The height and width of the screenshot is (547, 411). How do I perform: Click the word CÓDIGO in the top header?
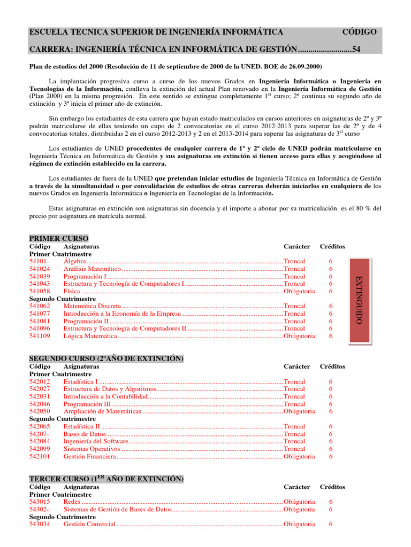(359, 32)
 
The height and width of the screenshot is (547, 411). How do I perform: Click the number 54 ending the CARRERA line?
(356, 49)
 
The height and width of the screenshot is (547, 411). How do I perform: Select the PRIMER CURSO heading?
(59, 238)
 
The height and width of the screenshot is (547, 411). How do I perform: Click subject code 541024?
(40, 269)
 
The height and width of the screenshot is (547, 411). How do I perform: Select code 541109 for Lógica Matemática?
(40, 336)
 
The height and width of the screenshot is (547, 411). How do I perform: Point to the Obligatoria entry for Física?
(299, 292)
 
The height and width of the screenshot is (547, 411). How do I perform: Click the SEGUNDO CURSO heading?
(106, 358)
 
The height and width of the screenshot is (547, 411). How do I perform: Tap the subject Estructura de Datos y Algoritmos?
(109, 389)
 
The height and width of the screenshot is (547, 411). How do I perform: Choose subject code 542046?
(40, 404)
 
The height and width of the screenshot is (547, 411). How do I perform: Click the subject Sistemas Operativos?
(90, 449)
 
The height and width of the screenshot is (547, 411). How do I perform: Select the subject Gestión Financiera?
(89, 457)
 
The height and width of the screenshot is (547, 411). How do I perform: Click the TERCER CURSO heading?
(106, 479)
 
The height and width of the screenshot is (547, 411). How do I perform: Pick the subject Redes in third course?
(72, 502)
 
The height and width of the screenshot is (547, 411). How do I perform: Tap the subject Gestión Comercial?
(89, 524)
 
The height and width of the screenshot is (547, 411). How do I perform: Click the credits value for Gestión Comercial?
(331, 524)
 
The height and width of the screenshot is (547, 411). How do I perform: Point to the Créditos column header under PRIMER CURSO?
(332, 246)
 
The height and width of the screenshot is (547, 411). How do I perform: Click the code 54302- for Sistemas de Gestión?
(39, 510)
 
